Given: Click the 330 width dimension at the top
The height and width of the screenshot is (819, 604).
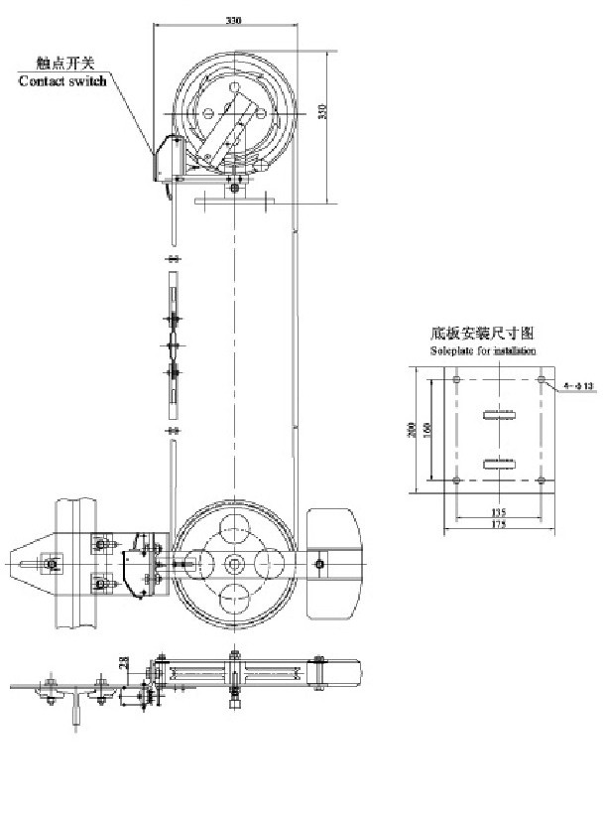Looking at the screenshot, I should click(x=233, y=20).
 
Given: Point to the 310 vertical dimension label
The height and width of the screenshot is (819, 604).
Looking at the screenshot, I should click(x=321, y=111).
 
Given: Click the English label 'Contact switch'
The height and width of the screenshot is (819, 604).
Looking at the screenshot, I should click(x=63, y=80).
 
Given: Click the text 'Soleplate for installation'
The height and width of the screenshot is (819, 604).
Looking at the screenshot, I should click(x=483, y=351).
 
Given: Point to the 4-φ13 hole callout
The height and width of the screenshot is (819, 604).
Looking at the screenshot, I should click(x=578, y=384).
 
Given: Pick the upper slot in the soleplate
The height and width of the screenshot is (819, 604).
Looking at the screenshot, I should click(x=498, y=414).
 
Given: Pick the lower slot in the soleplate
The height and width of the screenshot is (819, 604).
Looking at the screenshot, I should click(x=498, y=463).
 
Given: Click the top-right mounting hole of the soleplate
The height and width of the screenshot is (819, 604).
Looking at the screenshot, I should click(x=541, y=380).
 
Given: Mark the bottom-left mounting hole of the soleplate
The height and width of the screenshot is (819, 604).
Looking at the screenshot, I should click(x=455, y=480).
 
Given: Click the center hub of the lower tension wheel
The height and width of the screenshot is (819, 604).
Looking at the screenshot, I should click(x=234, y=564).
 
